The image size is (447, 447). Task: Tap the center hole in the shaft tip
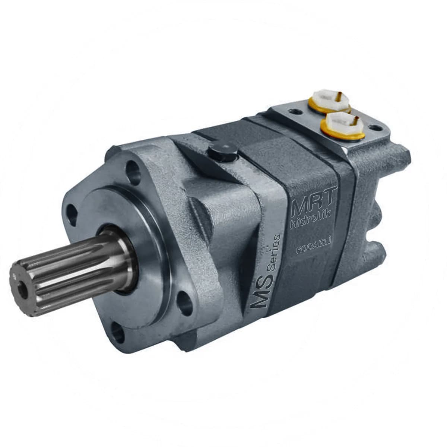[x=23, y=289]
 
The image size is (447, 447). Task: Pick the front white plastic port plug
[x=343, y=125]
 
